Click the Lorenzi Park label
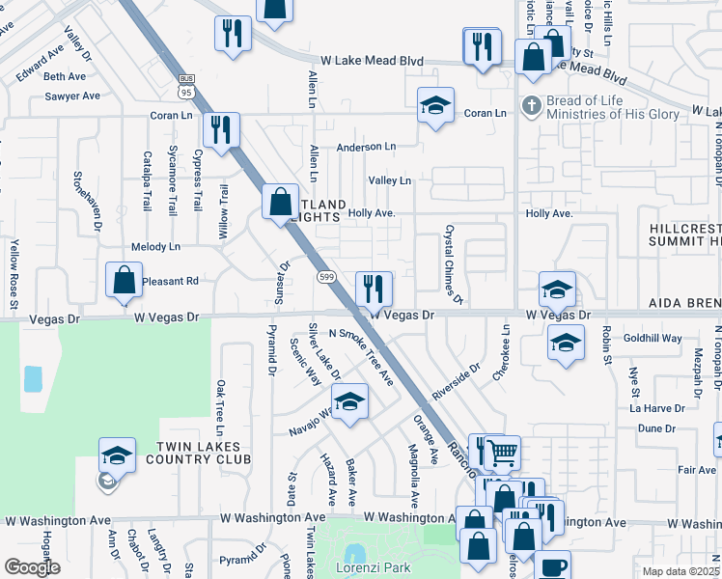[378, 567]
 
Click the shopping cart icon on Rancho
[503, 452]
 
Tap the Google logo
[32, 567]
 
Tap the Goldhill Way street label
[653, 339]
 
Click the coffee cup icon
[552, 566]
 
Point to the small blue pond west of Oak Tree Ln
[33, 378]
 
